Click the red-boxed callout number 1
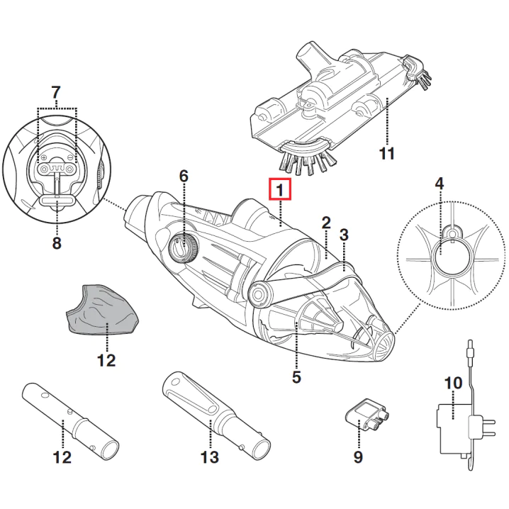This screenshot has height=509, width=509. click(279, 189)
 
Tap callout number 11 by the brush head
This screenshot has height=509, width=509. click(386, 153)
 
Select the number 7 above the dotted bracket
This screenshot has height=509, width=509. click(56, 93)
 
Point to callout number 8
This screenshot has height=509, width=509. click(57, 242)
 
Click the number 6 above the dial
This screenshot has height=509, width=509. click(184, 177)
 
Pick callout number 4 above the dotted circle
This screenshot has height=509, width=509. click(439, 184)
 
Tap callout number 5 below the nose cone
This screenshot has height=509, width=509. click(296, 377)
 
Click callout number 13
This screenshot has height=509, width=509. click(210, 457)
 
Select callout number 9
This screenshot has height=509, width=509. click(358, 457)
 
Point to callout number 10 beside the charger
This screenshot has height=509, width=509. click(453, 383)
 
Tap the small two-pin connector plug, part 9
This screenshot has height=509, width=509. click(367, 415)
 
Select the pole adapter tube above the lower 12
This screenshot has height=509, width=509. click(70, 422)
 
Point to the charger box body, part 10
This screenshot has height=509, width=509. click(454, 428)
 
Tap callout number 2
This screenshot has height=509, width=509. click(326, 223)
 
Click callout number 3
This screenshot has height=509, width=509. click(344, 235)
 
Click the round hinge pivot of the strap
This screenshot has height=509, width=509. click(258, 295)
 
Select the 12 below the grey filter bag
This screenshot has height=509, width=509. click(106, 361)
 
